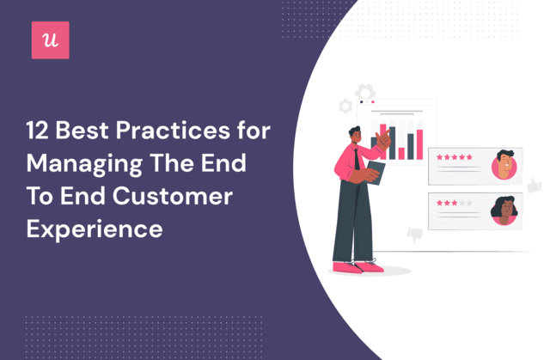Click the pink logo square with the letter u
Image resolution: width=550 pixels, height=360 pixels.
point(51,40)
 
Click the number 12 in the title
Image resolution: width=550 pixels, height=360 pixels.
point(37,131)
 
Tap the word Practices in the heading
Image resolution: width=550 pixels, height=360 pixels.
point(173,131)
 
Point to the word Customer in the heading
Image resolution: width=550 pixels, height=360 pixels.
point(173,196)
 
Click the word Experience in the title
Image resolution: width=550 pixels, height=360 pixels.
point(95,230)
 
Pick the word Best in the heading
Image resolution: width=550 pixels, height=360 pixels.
point(82,131)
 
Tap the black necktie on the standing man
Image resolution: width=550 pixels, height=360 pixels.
point(357,159)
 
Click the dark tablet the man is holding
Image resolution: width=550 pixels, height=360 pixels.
point(376,173)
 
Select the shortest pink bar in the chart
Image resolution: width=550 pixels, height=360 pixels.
point(401,154)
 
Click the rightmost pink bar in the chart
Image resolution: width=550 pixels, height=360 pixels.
point(420,144)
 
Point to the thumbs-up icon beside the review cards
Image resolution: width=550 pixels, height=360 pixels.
point(535,185)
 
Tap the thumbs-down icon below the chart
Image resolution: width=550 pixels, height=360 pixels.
point(414,235)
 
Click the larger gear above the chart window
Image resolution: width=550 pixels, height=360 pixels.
point(365,92)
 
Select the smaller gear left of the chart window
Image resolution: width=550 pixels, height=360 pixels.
point(345,107)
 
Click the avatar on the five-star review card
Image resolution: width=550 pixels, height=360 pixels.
point(504,165)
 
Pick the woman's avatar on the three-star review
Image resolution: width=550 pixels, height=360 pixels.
point(504,211)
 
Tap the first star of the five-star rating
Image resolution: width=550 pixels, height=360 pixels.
point(439,157)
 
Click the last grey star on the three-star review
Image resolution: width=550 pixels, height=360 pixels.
point(469,203)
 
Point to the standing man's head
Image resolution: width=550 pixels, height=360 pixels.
point(355,135)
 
